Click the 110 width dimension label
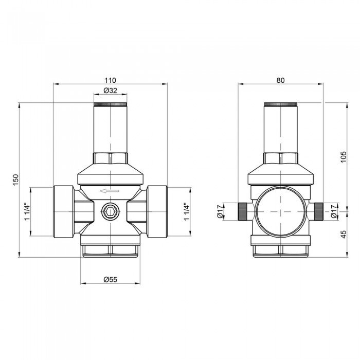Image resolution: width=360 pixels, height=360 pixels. click(111, 80)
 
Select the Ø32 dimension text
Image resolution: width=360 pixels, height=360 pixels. click(110, 91)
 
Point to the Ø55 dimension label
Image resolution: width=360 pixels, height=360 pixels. click(111, 279)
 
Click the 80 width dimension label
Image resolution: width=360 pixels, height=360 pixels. click(280, 80)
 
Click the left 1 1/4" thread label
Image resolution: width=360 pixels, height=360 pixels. click(27, 212)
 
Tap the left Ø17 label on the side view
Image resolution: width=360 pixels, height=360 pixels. click(220, 211)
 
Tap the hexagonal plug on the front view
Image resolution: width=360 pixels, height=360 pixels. click(110, 211)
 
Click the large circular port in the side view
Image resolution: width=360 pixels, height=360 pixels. click(280, 211)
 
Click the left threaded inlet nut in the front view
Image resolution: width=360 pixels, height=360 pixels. click(63, 211)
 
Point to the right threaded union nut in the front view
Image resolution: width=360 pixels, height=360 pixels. click(157, 211)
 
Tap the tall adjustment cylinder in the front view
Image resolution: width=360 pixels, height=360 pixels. click(110, 129)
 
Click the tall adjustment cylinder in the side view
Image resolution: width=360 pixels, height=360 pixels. click(280, 129)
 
